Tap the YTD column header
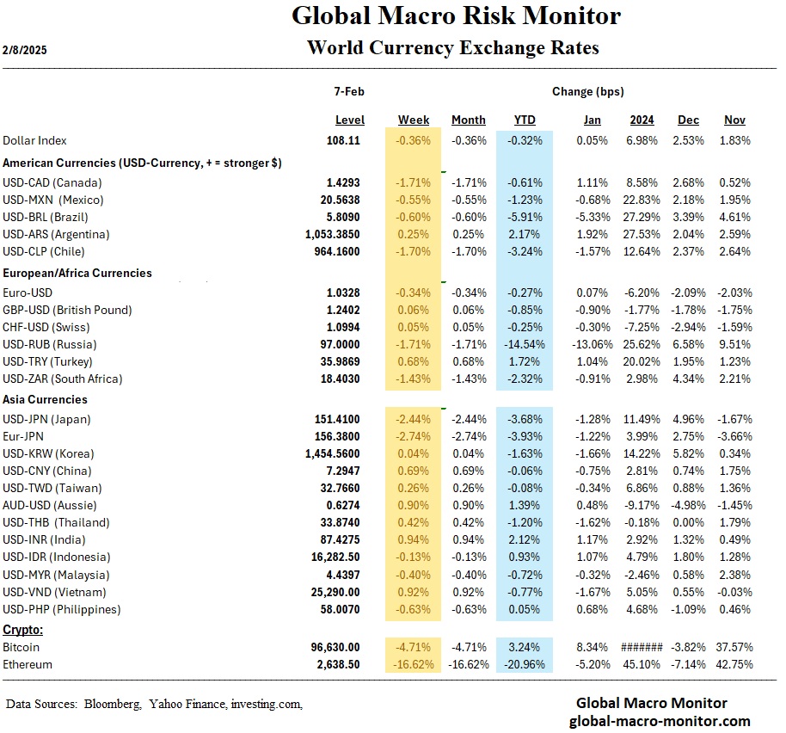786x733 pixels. pos(525,120)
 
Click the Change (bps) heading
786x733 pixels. pos(588,91)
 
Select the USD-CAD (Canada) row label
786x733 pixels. pos(52,182)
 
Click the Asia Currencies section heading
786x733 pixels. pos(46,400)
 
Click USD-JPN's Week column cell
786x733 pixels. pos(414,419)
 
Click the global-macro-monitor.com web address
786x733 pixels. pos(660,721)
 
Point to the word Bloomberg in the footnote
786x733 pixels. pos(113,705)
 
